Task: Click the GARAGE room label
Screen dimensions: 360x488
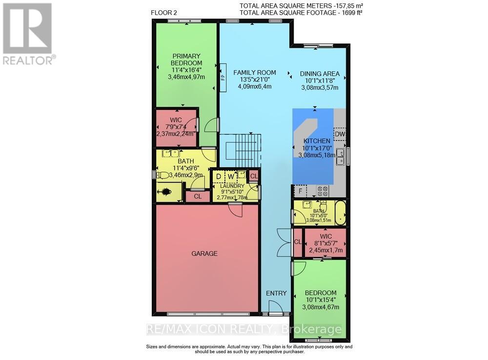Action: [x=204, y=254]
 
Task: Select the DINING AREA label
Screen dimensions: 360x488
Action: [x=319, y=74]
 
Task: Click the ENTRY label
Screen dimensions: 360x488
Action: [x=276, y=293]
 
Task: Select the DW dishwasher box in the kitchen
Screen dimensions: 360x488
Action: [x=340, y=133]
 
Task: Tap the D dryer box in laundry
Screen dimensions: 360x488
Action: [x=218, y=176]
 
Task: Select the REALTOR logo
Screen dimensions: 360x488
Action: [x=29, y=34]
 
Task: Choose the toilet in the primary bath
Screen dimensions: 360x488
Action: [x=163, y=175]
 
